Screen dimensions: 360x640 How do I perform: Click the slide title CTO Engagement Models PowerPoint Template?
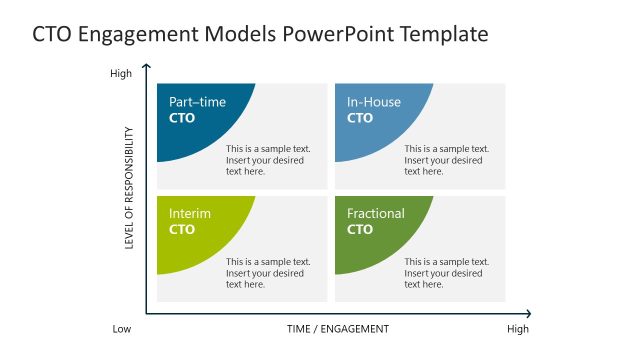click(260, 35)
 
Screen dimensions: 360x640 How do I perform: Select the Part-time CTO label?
click(197, 110)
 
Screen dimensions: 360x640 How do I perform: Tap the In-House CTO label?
click(375, 110)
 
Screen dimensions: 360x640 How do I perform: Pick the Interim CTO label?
click(190, 221)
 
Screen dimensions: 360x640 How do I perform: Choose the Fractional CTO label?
click(376, 221)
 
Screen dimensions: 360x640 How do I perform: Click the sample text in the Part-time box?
click(268, 160)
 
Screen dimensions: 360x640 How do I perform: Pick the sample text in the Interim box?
click(268, 273)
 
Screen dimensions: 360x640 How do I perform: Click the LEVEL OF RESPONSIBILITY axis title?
click(130, 191)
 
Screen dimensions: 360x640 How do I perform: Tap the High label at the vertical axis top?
click(120, 73)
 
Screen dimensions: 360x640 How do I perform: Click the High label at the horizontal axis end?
click(518, 329)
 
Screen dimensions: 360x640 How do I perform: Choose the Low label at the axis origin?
click(121, 329)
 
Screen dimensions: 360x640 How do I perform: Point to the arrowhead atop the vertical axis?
click(147, 67)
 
